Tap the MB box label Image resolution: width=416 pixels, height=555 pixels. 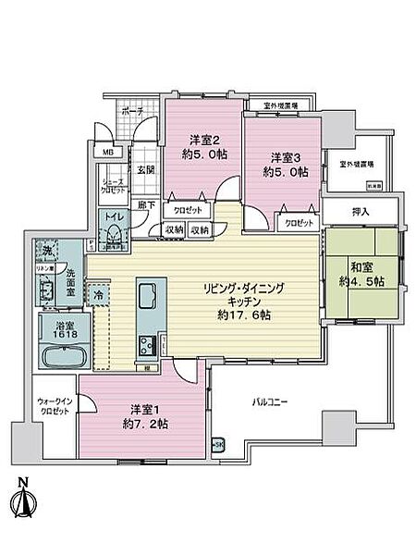[108, 152]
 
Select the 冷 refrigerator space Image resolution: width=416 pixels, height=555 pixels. [98, 294]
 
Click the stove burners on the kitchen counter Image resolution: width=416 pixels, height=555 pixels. [147, 347]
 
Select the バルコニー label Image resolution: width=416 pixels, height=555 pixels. [274, 403]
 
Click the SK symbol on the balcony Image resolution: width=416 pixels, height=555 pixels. [218, 446]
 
